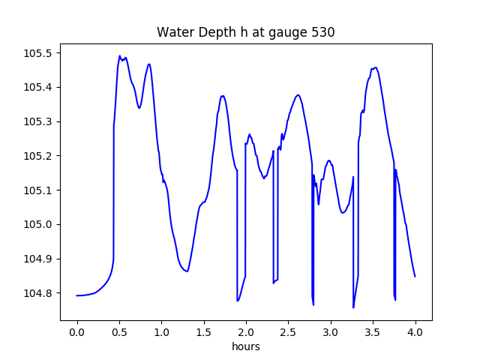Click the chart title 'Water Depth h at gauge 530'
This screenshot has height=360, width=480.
245,33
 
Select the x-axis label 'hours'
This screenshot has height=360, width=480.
246,347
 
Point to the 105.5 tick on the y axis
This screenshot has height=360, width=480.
38,53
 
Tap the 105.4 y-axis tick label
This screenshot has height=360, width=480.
38,88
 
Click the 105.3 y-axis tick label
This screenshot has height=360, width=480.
38,121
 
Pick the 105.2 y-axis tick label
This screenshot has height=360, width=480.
38,156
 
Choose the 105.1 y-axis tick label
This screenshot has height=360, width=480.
38,190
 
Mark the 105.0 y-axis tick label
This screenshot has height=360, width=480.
38,224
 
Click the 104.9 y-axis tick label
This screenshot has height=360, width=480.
38,259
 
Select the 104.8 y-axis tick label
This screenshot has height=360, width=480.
38,293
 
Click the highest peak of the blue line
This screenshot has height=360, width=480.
119,56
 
